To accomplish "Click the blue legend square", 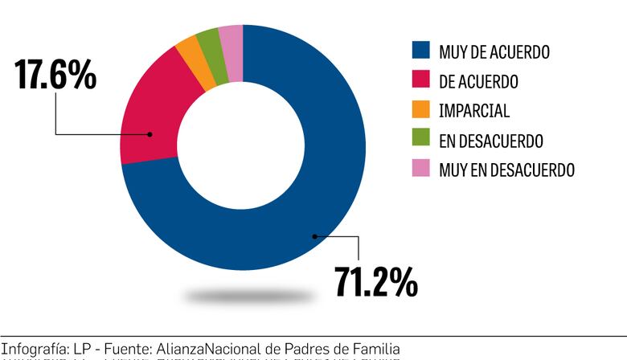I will point(420,51).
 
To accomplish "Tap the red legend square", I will point(420,81).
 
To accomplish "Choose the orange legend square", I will point(420,111).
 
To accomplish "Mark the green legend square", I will point(420,141).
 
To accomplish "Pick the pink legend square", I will point(420,170).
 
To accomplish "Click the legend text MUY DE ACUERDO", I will point(494,52).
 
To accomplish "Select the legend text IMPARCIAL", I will point(474,112).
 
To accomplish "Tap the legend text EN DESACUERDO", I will point(491,141).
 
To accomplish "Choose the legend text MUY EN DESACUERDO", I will point(506,170).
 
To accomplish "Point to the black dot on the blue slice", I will point(314,236).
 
